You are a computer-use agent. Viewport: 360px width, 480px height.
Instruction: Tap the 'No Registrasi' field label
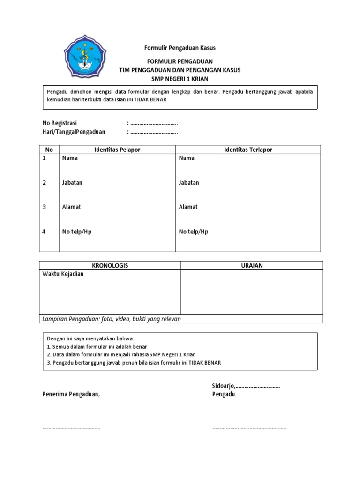point(60,123)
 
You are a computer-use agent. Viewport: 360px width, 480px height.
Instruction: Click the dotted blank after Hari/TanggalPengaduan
point(154,132)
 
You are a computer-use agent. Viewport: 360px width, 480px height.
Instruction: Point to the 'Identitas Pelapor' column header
point(117,150)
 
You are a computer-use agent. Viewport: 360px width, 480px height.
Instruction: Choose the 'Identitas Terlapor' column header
point(248,150)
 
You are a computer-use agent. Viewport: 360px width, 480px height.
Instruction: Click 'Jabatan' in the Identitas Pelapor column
point(72,182)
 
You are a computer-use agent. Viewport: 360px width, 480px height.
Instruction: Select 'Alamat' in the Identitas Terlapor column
point(188,207)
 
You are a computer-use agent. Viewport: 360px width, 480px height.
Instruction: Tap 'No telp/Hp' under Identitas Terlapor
point(194,232)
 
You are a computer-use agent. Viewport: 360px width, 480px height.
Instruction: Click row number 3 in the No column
point(45,207)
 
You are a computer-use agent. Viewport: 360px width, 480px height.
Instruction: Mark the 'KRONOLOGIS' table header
point(110,265)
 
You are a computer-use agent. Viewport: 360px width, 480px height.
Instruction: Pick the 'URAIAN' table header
point(252,265)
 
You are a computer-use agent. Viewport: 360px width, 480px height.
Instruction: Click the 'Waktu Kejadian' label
point(63,274)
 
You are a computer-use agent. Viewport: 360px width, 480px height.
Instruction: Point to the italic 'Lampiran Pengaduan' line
point(112,319)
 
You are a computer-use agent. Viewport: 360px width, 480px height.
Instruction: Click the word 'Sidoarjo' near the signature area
point(223,385)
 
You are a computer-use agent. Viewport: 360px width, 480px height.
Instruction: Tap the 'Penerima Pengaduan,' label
point(71,394)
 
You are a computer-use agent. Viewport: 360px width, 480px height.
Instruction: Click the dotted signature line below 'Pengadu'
point(249,427)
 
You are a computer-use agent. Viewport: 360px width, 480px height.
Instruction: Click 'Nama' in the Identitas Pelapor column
point(70,158)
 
